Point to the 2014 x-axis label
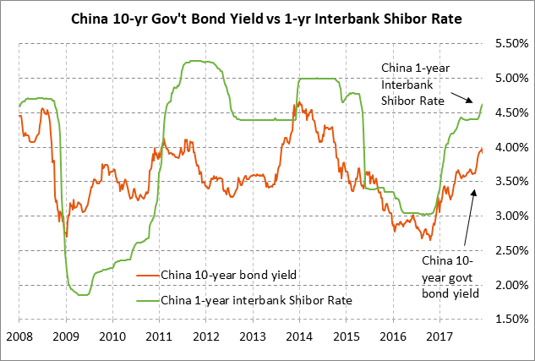coord(299,336)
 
